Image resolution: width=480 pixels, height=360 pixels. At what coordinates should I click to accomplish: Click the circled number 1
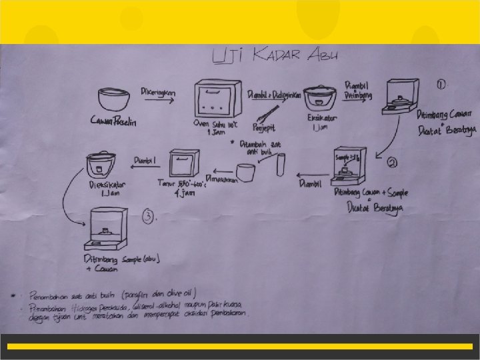pos(442,84)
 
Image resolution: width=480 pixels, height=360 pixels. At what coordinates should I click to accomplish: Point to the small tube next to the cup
pos(279,163)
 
